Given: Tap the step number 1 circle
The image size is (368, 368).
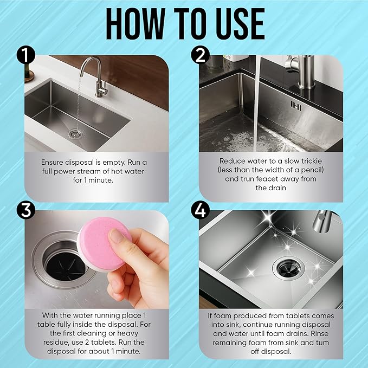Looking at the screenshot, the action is tap(26, 55).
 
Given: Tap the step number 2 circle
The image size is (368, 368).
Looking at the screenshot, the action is tap(200, 55).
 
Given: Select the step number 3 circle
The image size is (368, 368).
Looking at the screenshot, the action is tap(26, 210).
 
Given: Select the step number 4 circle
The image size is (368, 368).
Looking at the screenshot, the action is tap(200, 210).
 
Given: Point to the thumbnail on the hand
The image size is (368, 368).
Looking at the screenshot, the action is tap(117, 236).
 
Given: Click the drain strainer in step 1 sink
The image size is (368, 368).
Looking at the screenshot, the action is tap(75, 134).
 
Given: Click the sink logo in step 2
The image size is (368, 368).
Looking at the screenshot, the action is tap(296, 106).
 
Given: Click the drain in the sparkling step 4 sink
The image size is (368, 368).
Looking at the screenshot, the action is tap(288, 268).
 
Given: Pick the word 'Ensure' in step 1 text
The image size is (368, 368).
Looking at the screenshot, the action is tap(52, 162).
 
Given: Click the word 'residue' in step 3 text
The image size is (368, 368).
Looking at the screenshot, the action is tap(56, 343).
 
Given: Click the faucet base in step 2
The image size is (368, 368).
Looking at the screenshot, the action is tap(306, 86).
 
